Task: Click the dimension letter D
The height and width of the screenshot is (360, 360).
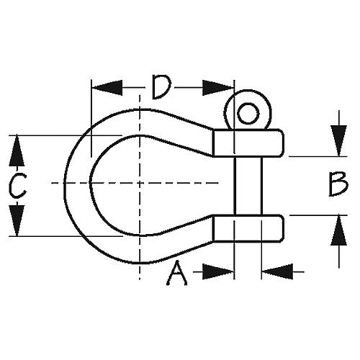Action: click(161, 87)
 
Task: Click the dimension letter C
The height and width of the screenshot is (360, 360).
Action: click(17, 186)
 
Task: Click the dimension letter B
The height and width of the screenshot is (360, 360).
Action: click(338, 184)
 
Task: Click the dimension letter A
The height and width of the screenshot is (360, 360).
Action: click(177, 274)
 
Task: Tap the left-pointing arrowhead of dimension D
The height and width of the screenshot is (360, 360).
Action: click(107, 88)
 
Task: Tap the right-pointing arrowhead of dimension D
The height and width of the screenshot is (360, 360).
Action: click(218, 88)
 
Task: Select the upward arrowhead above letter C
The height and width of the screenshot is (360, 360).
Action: click(17, 150)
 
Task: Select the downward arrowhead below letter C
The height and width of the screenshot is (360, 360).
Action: click(17, 221)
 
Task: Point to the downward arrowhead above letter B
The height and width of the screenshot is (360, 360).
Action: click(338, 141)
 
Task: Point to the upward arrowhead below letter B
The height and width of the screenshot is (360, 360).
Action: click(338, 230)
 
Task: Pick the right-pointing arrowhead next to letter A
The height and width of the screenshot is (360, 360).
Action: click(218, 271)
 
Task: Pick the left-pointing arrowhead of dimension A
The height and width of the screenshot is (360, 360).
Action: click(277, 271)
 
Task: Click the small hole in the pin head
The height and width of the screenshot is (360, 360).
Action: click(248, 113)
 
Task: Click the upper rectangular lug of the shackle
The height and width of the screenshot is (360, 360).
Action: click(248, 143)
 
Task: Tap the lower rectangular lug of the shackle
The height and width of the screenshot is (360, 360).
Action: click(248, 228)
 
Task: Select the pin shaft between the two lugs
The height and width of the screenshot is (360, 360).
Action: click(248, 186)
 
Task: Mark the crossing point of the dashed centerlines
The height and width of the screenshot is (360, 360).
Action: click(140, 183)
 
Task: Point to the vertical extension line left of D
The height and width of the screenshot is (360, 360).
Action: click(91, 119)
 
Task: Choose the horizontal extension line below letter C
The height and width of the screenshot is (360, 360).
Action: click(66, 236)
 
